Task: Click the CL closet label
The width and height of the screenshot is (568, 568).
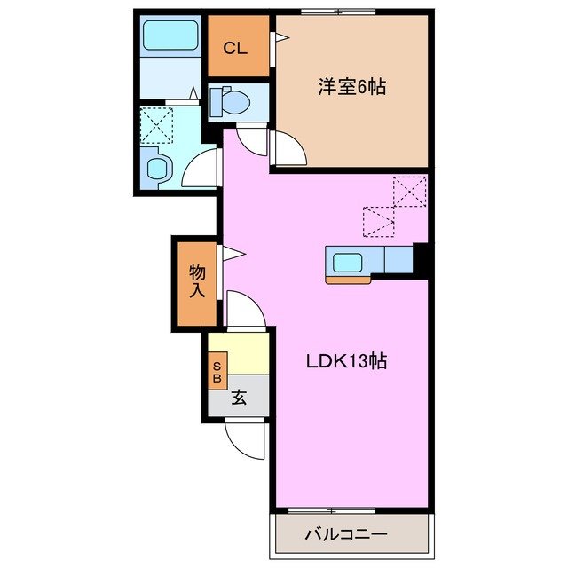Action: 234,48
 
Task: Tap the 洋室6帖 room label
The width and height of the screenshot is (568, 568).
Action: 352,87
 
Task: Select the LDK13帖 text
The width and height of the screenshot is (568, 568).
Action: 346,361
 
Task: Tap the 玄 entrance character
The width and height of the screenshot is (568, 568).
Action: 239,398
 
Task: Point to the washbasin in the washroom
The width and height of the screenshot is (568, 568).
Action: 158,168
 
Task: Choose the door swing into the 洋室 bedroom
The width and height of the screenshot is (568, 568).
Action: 286,149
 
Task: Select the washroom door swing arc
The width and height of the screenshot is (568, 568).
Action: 201,167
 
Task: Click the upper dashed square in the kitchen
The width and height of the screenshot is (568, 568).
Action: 410,190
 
